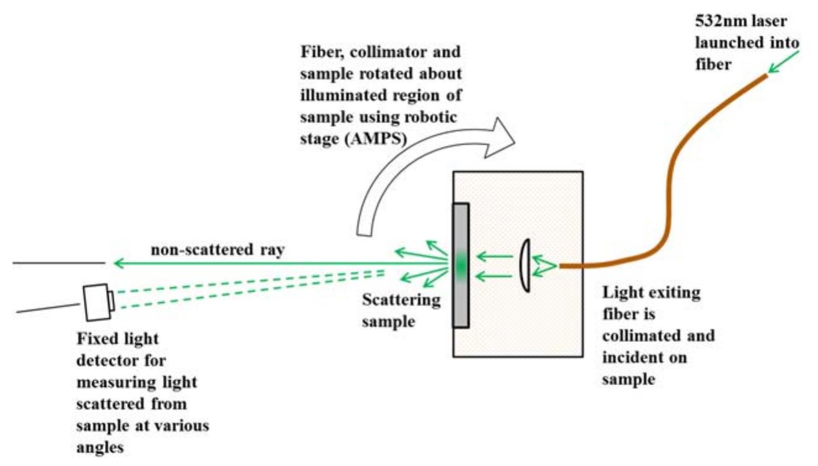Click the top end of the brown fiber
click(x=766, y=76)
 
